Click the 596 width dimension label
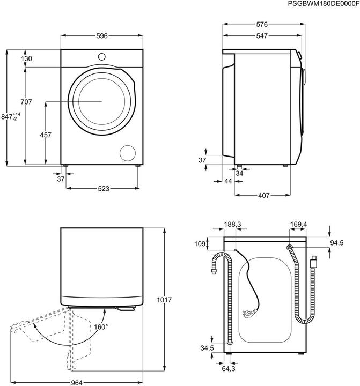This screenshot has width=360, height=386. click(x=102, y=36)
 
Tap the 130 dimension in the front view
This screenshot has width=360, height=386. click(x=27, y=58)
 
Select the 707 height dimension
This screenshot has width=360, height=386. click(x=26, y=102)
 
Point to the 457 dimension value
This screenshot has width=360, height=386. click(x=46, y=135)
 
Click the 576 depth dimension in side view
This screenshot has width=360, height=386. click(x=262, y=25)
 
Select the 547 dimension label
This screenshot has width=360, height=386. click(x=262, y=36)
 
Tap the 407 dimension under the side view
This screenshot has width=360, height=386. click(x=263, y=196)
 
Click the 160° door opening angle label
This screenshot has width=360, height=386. click(x=101, y=326)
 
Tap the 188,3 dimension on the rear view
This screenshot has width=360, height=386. click(x=233, y=225)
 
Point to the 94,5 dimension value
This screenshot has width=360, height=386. click(x=336, y=243)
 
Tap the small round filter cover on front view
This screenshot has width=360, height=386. click(x=129, y=152)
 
